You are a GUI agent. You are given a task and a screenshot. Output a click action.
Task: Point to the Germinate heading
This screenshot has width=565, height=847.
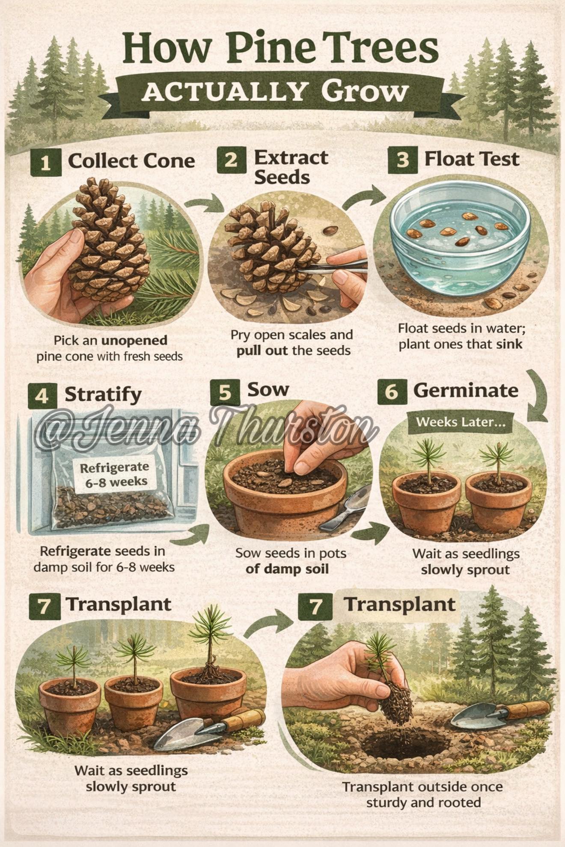tap(466, 390)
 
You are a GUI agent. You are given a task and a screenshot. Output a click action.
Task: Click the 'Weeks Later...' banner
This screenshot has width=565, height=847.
tap(460, 422)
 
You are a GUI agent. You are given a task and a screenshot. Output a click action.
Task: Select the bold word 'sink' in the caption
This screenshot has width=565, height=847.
tap(509, 344)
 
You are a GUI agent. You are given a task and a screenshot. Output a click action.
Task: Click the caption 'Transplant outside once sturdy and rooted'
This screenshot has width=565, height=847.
tap(423, 794)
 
